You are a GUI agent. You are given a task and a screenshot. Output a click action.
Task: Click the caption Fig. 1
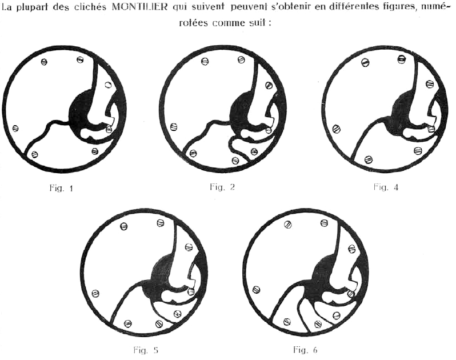(61, 189)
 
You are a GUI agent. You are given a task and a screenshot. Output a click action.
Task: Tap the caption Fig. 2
(222, 187)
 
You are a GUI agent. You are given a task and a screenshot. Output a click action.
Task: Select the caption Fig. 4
(386, 187)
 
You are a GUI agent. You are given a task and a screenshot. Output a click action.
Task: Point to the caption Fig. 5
(145, 350)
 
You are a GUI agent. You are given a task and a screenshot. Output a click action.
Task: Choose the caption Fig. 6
(305, 349)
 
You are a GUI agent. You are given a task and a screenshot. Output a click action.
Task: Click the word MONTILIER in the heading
(139, 7)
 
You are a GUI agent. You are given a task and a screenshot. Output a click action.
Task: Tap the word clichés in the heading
(91, 7)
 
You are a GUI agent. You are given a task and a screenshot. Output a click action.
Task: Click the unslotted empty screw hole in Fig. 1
(107, 85)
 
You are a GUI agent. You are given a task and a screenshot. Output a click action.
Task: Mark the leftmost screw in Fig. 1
(15, 128)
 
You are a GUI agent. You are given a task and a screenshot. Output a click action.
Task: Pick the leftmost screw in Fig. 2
(174, 127)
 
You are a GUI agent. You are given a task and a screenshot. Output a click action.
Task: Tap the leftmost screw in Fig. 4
(337, 128)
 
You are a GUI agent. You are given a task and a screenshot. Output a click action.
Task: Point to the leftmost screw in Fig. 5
(95, 293)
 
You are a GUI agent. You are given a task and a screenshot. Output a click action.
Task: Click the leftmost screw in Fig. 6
(257, 289)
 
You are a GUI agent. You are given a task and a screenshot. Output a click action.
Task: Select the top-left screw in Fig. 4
(365, 62)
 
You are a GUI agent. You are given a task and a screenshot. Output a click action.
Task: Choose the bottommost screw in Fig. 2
(235, 160)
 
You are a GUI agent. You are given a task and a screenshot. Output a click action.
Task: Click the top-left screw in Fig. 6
(287, 225)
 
